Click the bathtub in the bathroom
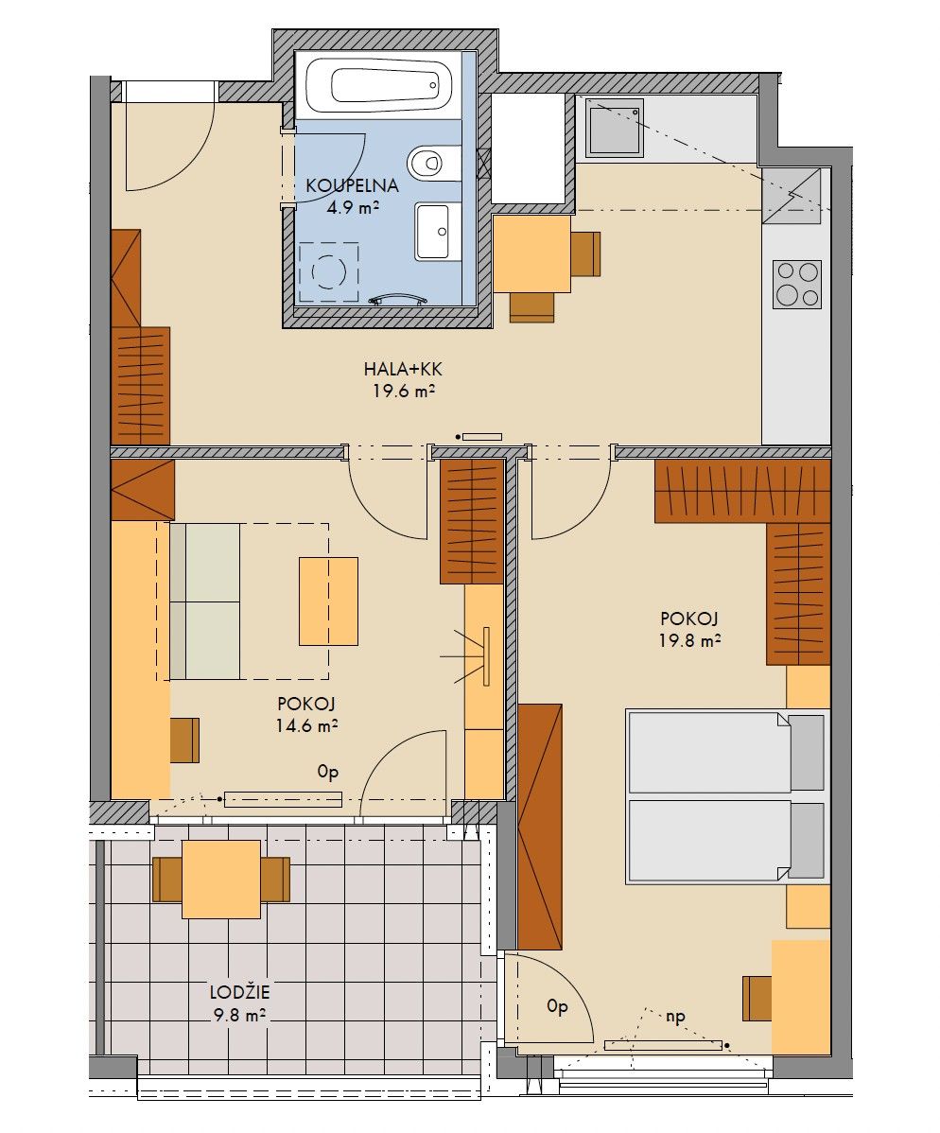[x=378, y=84]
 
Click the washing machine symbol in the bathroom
[x=329, y=271]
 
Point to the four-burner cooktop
[x=797, y=284]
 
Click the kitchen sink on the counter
[x=614, y=128]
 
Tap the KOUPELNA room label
[x=352, y=185]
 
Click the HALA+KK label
[x=403, y=369]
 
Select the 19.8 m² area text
[x=690, y=640]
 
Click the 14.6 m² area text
[x=307, y=724]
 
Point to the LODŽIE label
[x=239, y=992]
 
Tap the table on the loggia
[x=221, y=879]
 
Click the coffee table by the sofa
[x=329, y=601]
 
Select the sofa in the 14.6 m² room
[x=204, y=601]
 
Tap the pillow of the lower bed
[x=807, y=841]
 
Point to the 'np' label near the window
[x=675, y=1017]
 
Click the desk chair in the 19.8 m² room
[x=757, y=998]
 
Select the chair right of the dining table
[x=586, y=253]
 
